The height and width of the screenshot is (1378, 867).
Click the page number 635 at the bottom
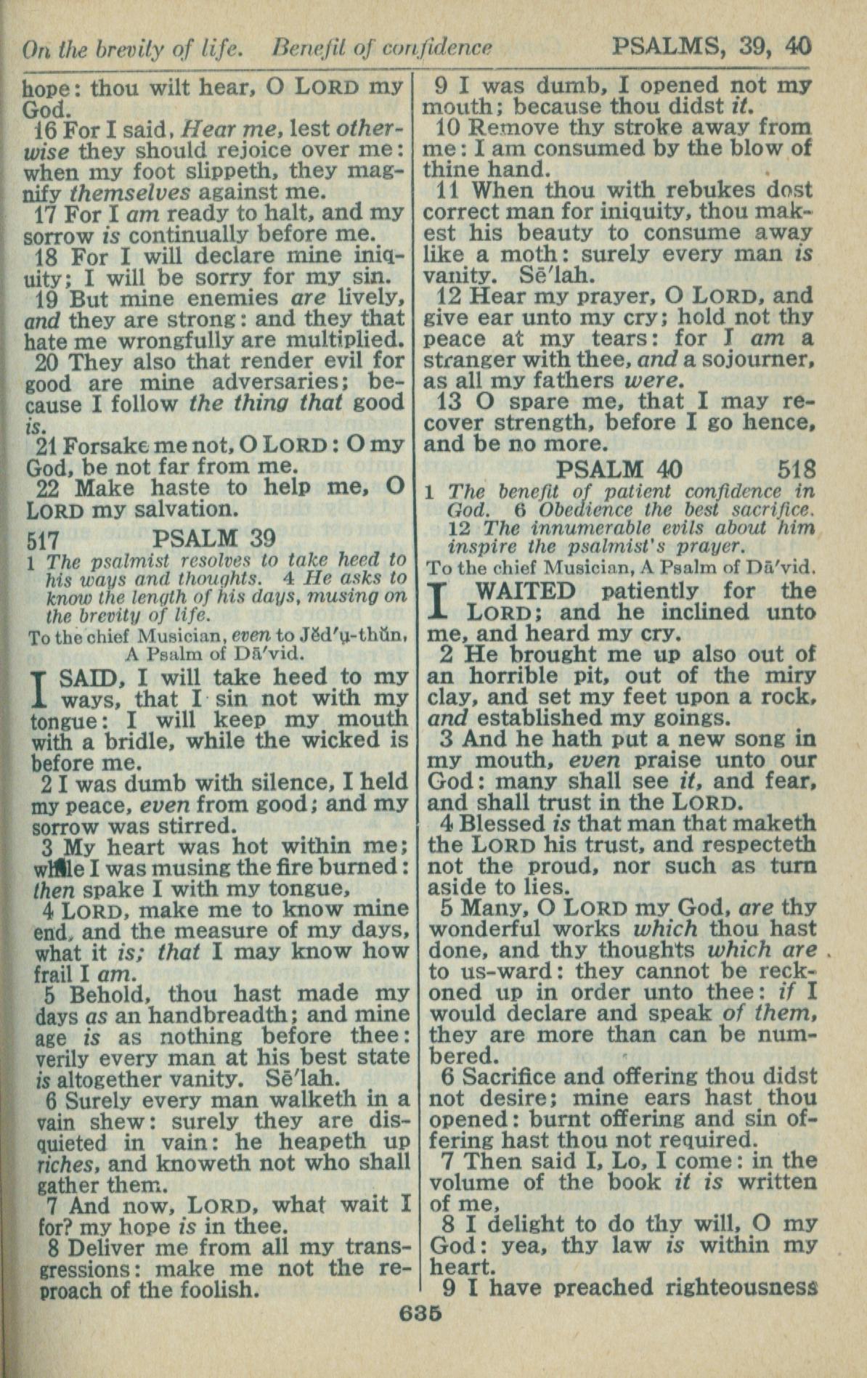(x=420, y=1313)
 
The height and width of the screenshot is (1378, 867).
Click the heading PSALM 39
(x=215, y=539)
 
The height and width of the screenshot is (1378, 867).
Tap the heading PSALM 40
(x=620, y=469)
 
